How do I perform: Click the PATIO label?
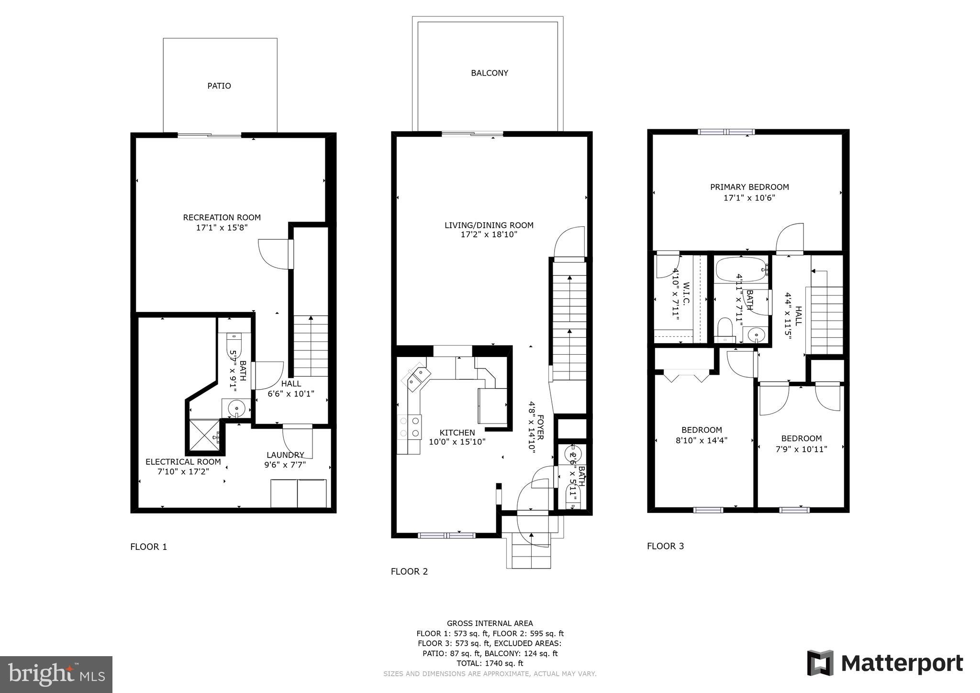click(219, 86)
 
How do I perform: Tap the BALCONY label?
click(489, 73)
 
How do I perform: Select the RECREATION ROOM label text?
click(222, 217)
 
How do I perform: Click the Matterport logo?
click(885, 663)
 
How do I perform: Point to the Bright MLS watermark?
click(56, 674)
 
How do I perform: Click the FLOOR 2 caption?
click(409, 571)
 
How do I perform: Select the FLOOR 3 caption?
click(665, 546)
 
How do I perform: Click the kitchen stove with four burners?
click(410, 427)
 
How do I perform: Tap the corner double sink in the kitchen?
click(415, 377)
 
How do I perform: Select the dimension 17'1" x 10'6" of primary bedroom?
click(749, 197)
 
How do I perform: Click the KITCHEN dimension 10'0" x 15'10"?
click(457, 442)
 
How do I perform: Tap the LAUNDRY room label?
click(285, 455)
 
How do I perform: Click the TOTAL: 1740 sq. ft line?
click(490, 663)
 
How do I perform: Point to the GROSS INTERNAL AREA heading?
click(490, 623)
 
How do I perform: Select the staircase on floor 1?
click(311, 346)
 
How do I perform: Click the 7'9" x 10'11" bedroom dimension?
click(801, 449)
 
